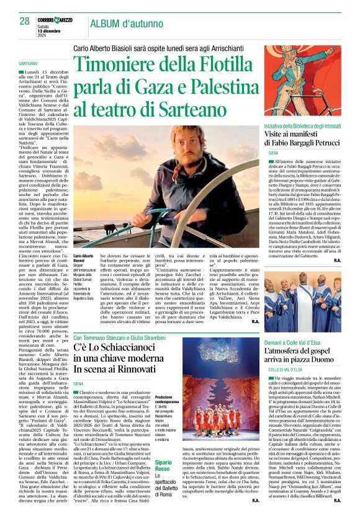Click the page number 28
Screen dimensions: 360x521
click(24, 21)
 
